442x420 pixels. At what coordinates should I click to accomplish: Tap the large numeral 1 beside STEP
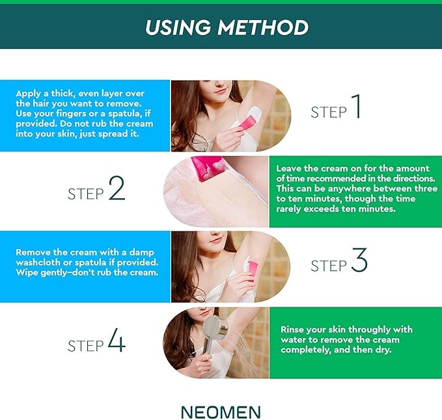click(355, 107)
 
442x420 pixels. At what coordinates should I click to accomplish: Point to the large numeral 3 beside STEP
click(359, 261)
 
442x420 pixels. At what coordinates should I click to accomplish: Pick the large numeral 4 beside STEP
click(117, 342)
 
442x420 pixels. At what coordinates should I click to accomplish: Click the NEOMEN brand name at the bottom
click(221, 412)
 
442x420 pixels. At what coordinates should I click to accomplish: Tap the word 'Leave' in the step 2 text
click(290, 168)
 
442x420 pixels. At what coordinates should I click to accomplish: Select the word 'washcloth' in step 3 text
click(38, 262)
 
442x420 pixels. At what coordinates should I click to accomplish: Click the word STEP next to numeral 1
click(329, 112)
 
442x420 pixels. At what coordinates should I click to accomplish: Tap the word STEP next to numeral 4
click(86, 347)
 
